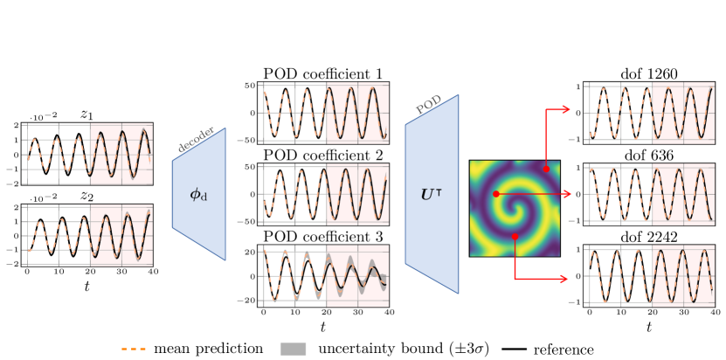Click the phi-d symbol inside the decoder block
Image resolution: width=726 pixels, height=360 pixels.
(198, 195)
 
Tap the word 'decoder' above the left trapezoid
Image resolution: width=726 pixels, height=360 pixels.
(196, 140)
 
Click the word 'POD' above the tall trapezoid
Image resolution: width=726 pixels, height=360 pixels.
(429, 105)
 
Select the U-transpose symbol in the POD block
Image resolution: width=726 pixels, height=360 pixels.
(432, 195)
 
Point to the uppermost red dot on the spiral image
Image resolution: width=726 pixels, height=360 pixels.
(546, 169)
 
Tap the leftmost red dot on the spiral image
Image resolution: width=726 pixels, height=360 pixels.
(496, 194)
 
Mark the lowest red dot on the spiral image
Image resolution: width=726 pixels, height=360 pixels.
(515, 237)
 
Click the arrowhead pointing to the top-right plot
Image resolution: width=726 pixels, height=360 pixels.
(566, 109)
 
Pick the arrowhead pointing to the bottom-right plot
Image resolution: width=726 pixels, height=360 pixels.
(564, 279)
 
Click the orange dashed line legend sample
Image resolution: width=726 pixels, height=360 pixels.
(134, 349)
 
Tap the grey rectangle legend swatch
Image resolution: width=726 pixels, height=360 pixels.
(294, 349)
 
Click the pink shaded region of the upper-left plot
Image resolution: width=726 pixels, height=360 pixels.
(121, 154)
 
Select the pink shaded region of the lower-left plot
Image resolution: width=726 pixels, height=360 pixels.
(121, 235)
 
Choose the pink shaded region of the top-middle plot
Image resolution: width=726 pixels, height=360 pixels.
(357, 113)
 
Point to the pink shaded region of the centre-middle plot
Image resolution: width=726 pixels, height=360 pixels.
(357, 194)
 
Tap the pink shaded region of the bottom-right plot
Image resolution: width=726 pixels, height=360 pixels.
(683, 276)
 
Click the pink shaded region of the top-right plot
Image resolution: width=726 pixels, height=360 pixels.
(683, 113)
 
